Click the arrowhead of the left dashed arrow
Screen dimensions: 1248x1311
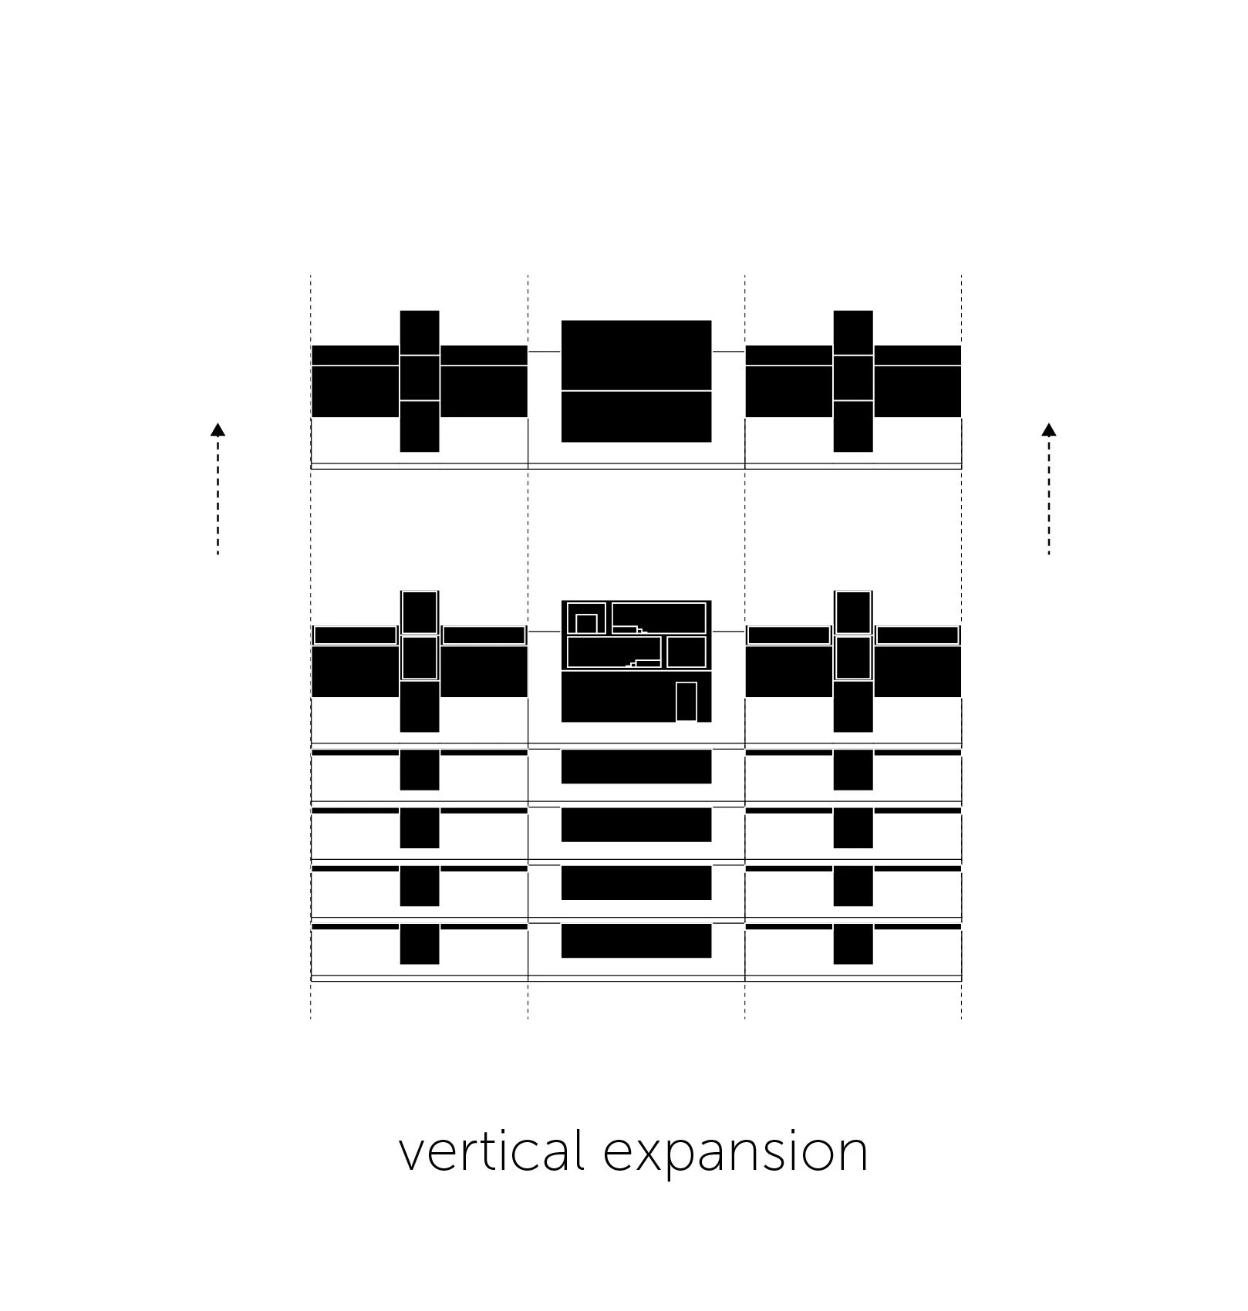[x=218, y=430]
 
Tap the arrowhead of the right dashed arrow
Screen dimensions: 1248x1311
[x=1048, y=430]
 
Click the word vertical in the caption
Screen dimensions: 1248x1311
[x=491, y=1152]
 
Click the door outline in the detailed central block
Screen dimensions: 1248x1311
[x=686, y=702]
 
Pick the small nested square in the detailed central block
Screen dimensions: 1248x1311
[x=586, y=623]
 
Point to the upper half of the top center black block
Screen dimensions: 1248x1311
[x=636, y=355]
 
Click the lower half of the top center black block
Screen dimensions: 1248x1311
[x=636, y=416]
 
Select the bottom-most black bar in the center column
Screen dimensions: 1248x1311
[x=636, y=941]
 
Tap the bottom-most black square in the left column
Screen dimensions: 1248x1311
[x=420, y=944]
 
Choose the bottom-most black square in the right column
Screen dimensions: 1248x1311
[x=853, y=944]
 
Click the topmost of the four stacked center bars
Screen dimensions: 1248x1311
[x=636, y=767]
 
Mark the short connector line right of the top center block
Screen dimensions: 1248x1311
[x=727, y=352]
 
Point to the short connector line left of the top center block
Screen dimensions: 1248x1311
[x=545, y=352]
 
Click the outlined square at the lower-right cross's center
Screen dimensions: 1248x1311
[x=853, y=657]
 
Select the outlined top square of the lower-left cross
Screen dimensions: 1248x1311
[x=420, y=612]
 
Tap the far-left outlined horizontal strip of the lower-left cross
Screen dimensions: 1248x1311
[x=355, y=635]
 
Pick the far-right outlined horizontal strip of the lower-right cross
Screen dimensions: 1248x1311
[x=917, y=635]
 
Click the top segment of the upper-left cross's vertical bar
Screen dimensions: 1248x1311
[x=420, y=332]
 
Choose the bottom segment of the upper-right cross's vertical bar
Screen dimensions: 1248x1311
[x=853, y=426]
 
